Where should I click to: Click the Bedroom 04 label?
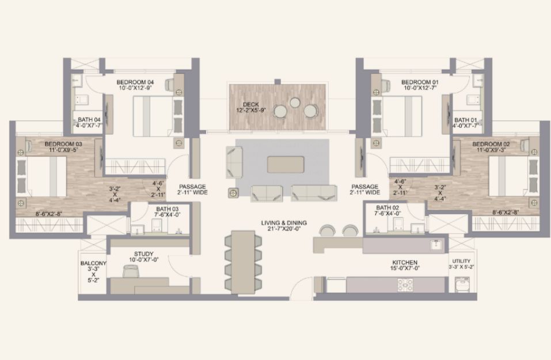(135, 82)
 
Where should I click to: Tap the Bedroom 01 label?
(420, 82)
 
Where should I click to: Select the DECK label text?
(251, 104)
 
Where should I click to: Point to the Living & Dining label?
(284, 223)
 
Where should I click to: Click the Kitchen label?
(405, 262)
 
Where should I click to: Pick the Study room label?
(143, 254)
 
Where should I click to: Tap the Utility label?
(461, 261)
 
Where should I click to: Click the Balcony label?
(93, 263)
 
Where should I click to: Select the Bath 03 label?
(168, 209)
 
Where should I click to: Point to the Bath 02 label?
(387, 208)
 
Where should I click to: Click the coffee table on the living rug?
(286, 165)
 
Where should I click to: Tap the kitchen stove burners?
(405, 285)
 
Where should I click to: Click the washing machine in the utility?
(462, 285)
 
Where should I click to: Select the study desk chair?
(131, 272)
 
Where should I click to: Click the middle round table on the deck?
(295, 103)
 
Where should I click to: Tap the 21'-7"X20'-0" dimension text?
(284, 229)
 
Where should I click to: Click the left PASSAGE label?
(192, 187)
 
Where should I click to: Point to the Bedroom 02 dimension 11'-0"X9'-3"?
(491, 150)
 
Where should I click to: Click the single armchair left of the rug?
(234, 162)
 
